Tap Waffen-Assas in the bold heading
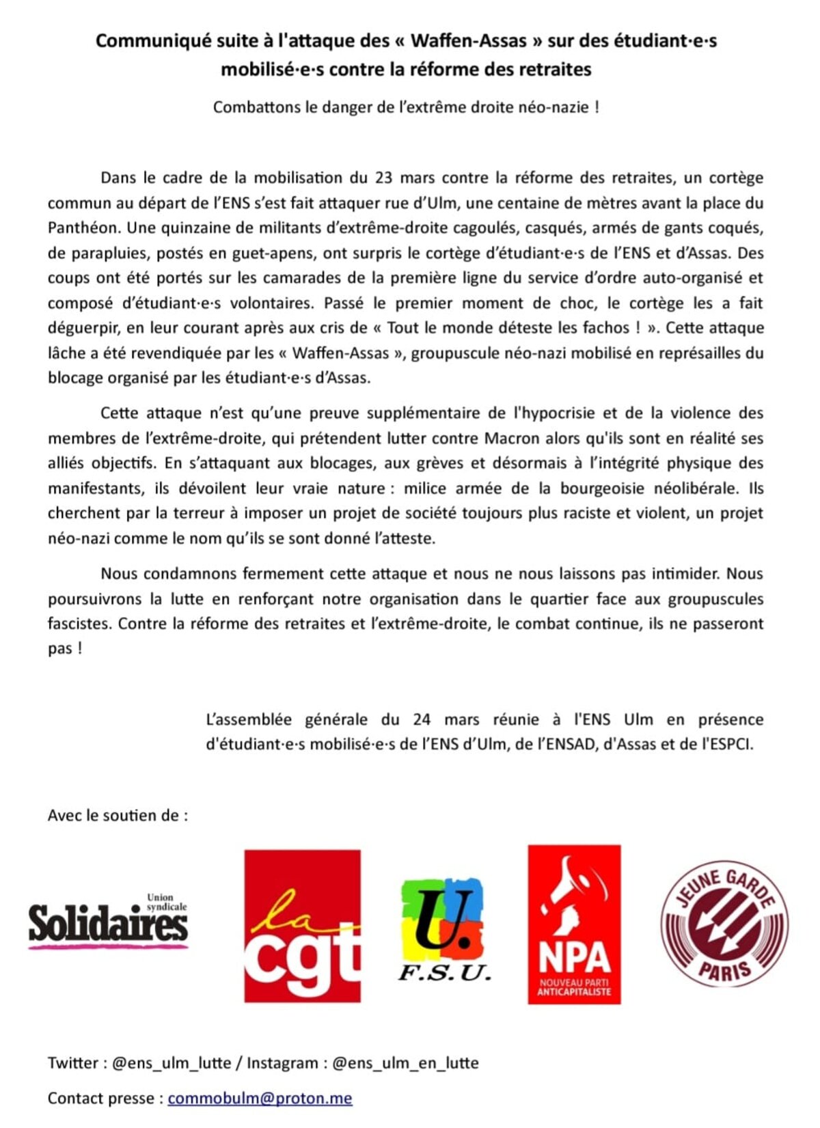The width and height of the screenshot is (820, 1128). [x=469, y=41]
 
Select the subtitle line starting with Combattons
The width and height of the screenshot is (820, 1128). [x=406, y=107]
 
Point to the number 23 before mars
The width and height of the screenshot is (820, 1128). [x=383, y=178]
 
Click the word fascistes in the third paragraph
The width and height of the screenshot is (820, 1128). [x=79, y=624]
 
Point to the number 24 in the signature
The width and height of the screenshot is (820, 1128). [x=422, y=719]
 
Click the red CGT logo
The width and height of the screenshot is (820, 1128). [x=302, y=926]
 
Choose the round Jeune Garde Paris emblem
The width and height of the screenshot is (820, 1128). [x=724, y=924]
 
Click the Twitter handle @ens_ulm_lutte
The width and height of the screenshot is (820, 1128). [x=172, y=1063]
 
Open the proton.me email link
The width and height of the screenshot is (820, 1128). [x=260, y=1099]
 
